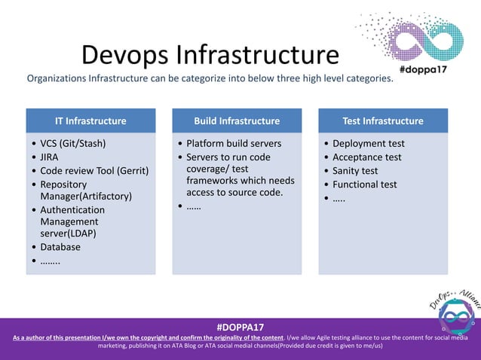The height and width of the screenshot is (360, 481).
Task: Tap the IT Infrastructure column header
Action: [x=90, y=121]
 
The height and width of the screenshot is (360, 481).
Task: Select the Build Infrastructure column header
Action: [x=237, y=121]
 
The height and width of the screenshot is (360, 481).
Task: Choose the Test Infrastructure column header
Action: [x=383, y=121]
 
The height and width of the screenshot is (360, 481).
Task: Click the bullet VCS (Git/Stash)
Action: [x=72, y=143]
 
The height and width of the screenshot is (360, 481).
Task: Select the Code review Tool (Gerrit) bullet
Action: [x=94, y=170]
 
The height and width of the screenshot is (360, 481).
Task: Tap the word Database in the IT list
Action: [x=60, y=246]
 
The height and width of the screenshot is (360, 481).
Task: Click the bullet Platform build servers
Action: [x=234, y=143]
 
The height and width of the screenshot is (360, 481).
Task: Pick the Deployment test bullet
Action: [x=369, y=143]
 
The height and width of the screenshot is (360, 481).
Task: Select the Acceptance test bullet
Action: [x=367, y=157]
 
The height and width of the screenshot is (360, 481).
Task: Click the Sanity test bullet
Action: [x=355, y=170]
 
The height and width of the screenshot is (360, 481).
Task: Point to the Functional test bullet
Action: [x=366, y=184]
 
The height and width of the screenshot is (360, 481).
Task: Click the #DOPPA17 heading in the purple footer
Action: [x=240, y=328]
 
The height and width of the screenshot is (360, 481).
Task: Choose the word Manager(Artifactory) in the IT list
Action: [x=86, y=197]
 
